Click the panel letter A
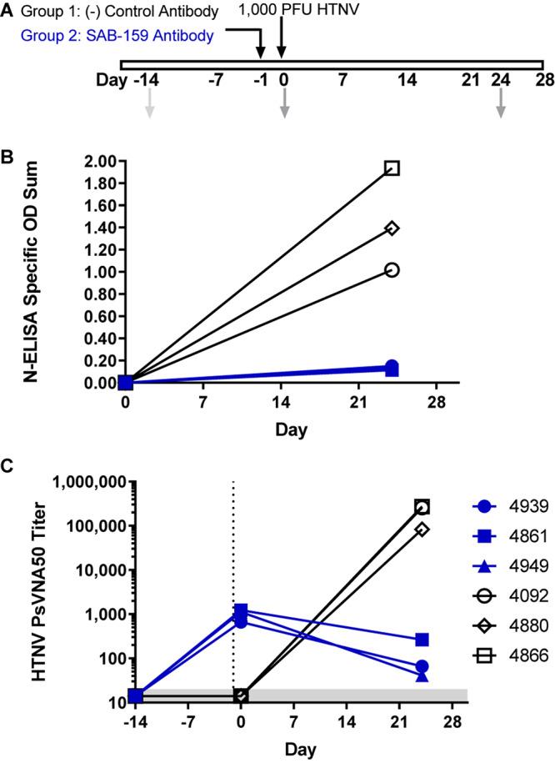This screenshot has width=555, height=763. point(7,10)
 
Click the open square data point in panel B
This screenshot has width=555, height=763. point(392,168)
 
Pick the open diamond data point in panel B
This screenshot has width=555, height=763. point(392,228)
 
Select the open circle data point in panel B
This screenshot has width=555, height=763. point(392,270)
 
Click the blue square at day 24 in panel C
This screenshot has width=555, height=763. point(422,616)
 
